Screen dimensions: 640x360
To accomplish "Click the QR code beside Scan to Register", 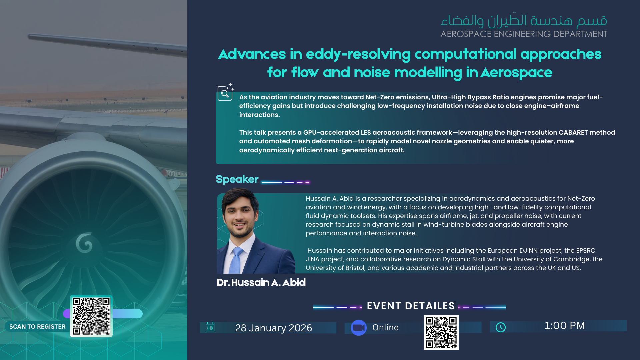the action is point(91,316).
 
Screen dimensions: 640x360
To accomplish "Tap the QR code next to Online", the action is point(441,332).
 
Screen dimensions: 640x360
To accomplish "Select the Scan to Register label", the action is point(37,327).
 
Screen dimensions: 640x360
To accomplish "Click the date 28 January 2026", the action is point(274,328).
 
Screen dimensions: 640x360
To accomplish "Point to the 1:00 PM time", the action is point(565,326).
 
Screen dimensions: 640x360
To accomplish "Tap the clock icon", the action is point(501,327).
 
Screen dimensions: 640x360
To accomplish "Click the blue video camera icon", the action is point(359,328).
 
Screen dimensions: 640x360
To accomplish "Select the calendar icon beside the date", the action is point(210,327).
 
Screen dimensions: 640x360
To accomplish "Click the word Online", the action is point(385,328).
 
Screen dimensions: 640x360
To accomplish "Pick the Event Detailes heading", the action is point(411,306).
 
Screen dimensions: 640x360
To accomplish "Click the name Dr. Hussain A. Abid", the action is point(261,283).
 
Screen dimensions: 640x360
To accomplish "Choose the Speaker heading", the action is point(237,179).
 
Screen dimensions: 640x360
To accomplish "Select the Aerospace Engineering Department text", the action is point(524,34).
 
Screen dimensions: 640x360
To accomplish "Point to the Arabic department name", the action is point(524,21).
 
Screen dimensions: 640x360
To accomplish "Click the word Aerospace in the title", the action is point(516,73).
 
